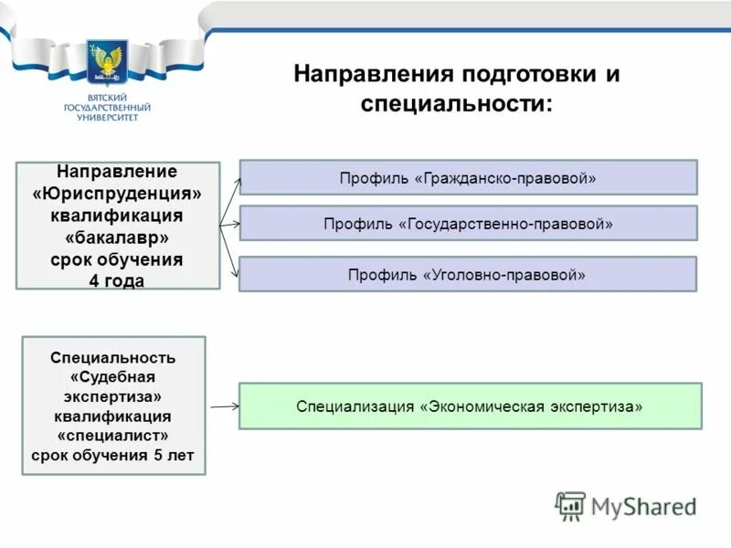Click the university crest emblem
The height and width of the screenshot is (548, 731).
pos(107,65)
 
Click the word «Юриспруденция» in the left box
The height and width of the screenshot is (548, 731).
pos(117,195)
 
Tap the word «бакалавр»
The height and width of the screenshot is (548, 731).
pos(117,237)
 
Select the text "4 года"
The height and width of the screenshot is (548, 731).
pos(117,281)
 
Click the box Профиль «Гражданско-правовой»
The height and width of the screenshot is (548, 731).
pos(468,178)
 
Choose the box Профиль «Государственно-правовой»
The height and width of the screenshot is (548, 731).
pos(468,223)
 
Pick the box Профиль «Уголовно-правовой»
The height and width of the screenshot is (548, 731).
pos(468,274)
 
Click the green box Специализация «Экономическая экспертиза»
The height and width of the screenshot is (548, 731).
pos(470,406)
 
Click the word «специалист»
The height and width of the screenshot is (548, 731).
pos(113,435)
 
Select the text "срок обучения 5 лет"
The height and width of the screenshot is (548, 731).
pos(113,454)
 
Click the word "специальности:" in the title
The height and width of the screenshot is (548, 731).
pos(456,104)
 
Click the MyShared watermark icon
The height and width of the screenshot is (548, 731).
pos(570,506)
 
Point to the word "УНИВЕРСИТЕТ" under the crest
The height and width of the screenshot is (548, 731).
pos(107,118)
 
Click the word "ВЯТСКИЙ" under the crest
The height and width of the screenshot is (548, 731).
pos(107,98)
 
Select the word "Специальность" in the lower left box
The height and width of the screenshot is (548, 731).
pos(113,357)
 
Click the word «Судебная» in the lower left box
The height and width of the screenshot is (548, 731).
pos(113,376)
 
